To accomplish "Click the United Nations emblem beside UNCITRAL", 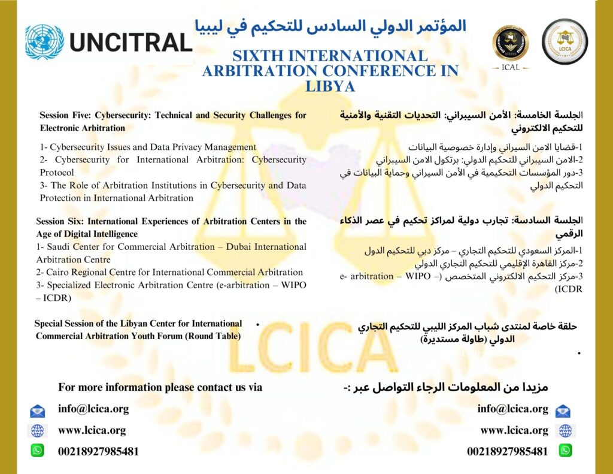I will pyautogui.click(x=44, y=41).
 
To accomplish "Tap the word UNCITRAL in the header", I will pyautogui.click(x=131, y=42).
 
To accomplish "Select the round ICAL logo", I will pyautogui.click(x=511, y=44).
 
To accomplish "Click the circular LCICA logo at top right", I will pyautogui.click(x=565, y=41).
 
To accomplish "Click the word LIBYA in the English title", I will pyautogui.click(x=330, y=86).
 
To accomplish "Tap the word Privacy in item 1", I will pyautogui.click(x=201, y=147).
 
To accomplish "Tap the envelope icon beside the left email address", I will pyautogui.click(x=38, y=411).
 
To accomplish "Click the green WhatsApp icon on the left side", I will pyautogui.click(x=38, y=450).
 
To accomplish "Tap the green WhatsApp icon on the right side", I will pyautogui.click(x=565, y=450).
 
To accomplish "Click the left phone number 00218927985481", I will pyautogui.click(x=98, y=451).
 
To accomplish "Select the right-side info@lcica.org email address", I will pyautogui.click(x=513, y=409).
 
